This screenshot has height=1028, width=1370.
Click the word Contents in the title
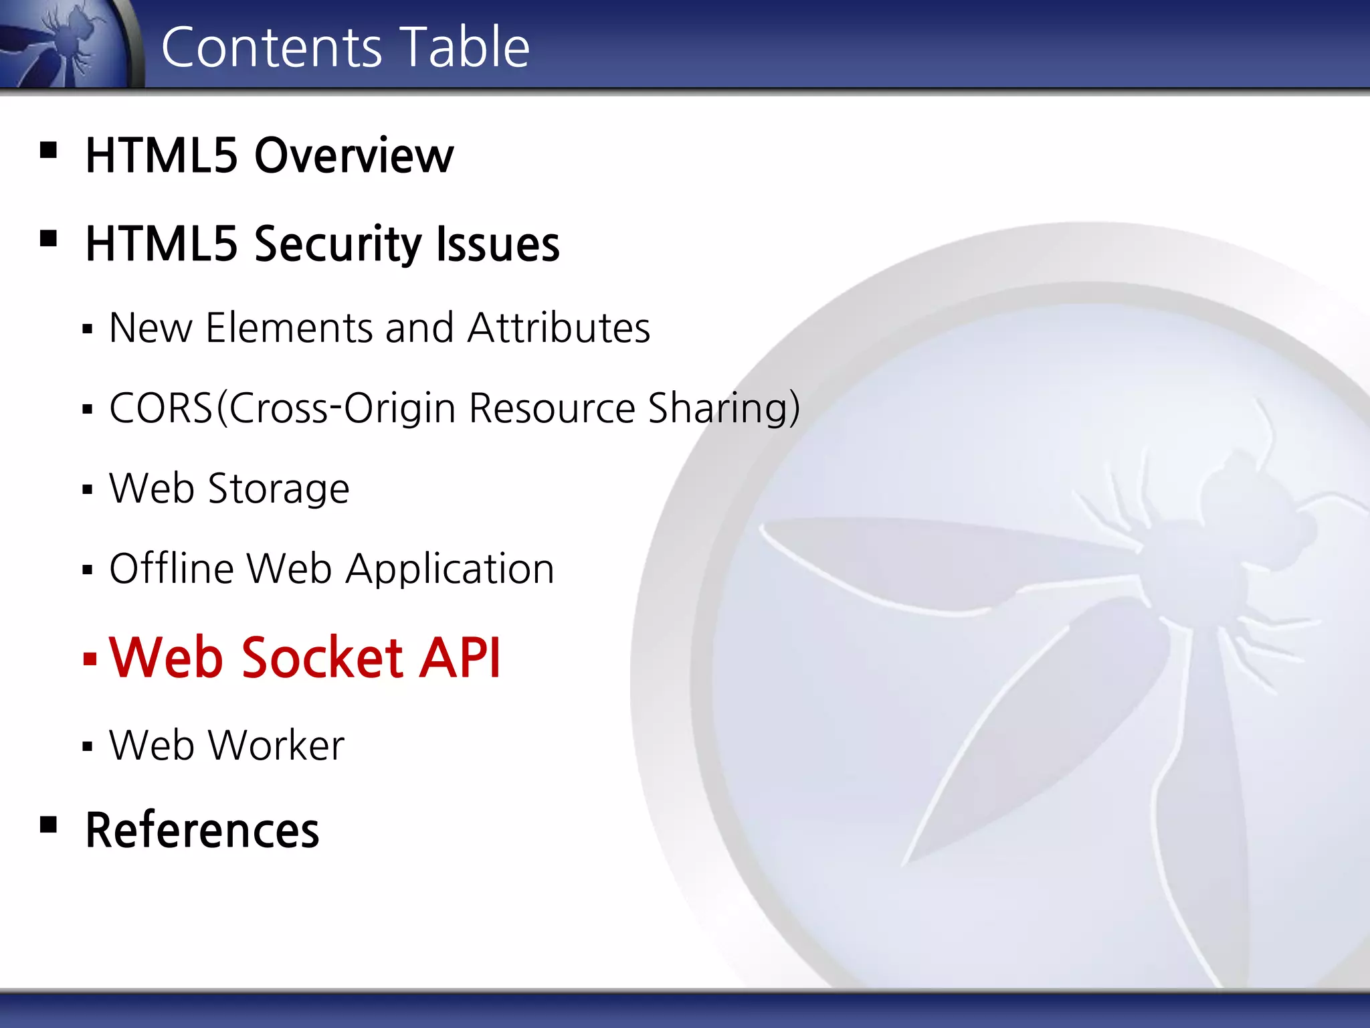pyautogui.click(x=272, y=47)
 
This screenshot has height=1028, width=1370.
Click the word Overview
pyautogui.click(x=354, y=155)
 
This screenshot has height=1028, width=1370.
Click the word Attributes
pyautogui.click(x=559, y=328)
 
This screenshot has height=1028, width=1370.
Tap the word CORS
pyautogui.click(x=161, y=408)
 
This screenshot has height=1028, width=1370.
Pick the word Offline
pyautogui.click(x=172, y=569)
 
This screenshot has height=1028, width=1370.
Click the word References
pyautogui.click(x=202, y=830)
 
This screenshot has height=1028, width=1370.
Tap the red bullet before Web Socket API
pyautogui.click(x=90, y=659)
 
